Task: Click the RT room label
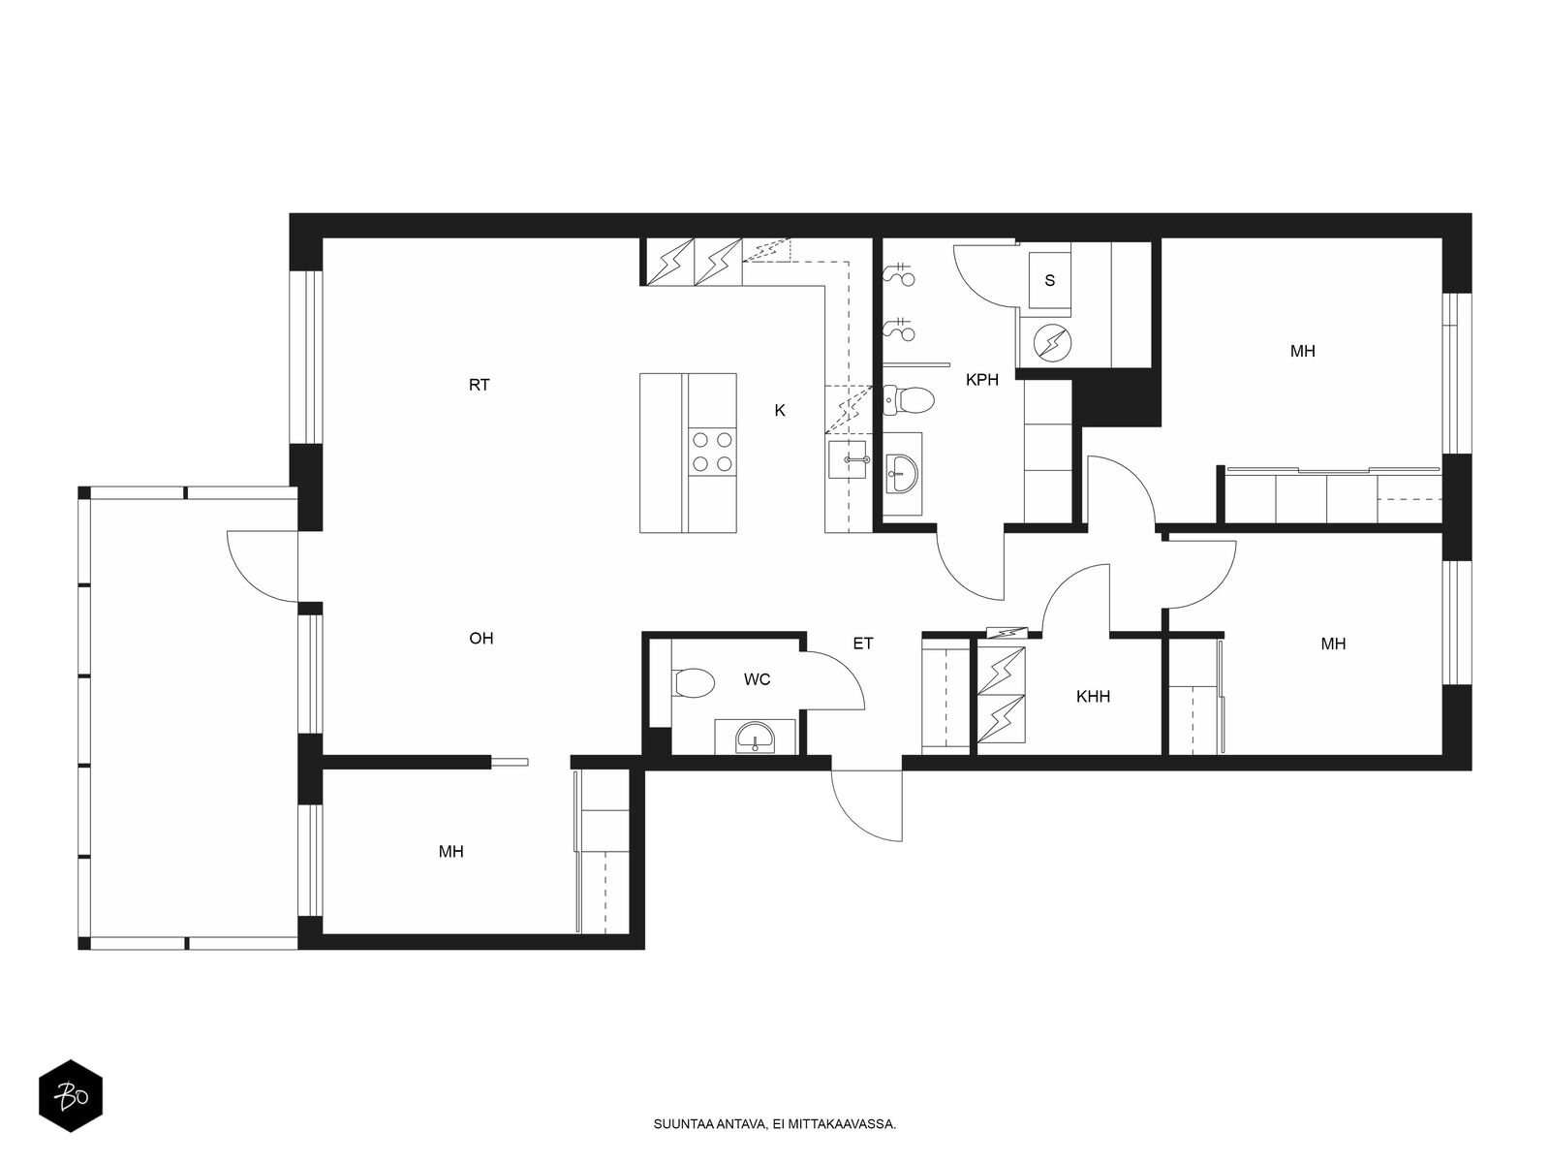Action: (479, 385)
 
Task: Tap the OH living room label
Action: (480, 639)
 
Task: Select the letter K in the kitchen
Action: (780, 410)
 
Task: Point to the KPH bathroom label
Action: (982, 380)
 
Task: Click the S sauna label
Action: (1050, 280)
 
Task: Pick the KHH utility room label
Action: (1093, 696)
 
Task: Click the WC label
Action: (757, 679)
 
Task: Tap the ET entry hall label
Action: (863, 644)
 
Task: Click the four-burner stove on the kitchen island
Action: (712, 452)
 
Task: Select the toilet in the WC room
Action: (694, 683)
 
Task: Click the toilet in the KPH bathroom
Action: (909, 399)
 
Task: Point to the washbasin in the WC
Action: (755, 738)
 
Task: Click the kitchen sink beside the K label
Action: (848, 459)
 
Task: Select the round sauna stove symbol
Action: (1053, 343)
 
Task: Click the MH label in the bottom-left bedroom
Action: (450, 852)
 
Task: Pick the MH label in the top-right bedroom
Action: (1303, 351)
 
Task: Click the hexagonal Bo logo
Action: (71, 1096)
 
